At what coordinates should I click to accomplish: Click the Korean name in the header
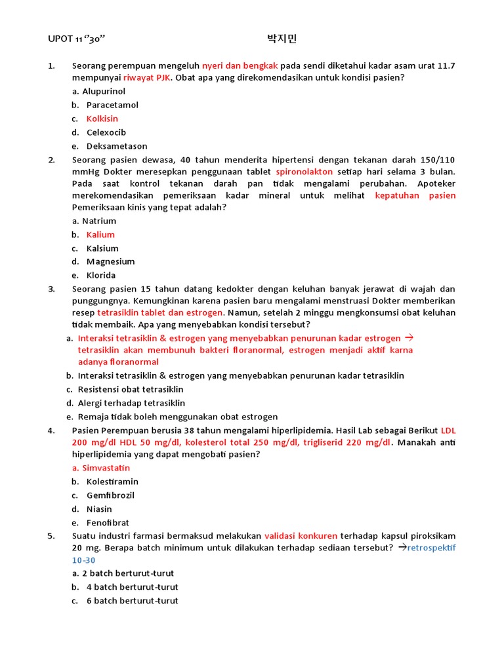[x=282, y=39]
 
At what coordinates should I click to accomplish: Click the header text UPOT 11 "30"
[x=77, y=39]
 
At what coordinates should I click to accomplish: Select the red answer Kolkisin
[x=102, y=119]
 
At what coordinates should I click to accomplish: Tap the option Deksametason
[x=117, y=146]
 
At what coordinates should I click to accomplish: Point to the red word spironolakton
[x=304, y=172]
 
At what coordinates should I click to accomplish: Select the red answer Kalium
[x=100, y=235]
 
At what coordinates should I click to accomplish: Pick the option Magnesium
[x=110, y=261]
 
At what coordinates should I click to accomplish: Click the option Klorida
[x=101, y=275]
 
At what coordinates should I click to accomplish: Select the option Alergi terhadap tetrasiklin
[x=131, y=403]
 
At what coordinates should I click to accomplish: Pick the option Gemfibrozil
[x=110, y=495]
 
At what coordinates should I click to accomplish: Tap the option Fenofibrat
[x=108, y=523]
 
